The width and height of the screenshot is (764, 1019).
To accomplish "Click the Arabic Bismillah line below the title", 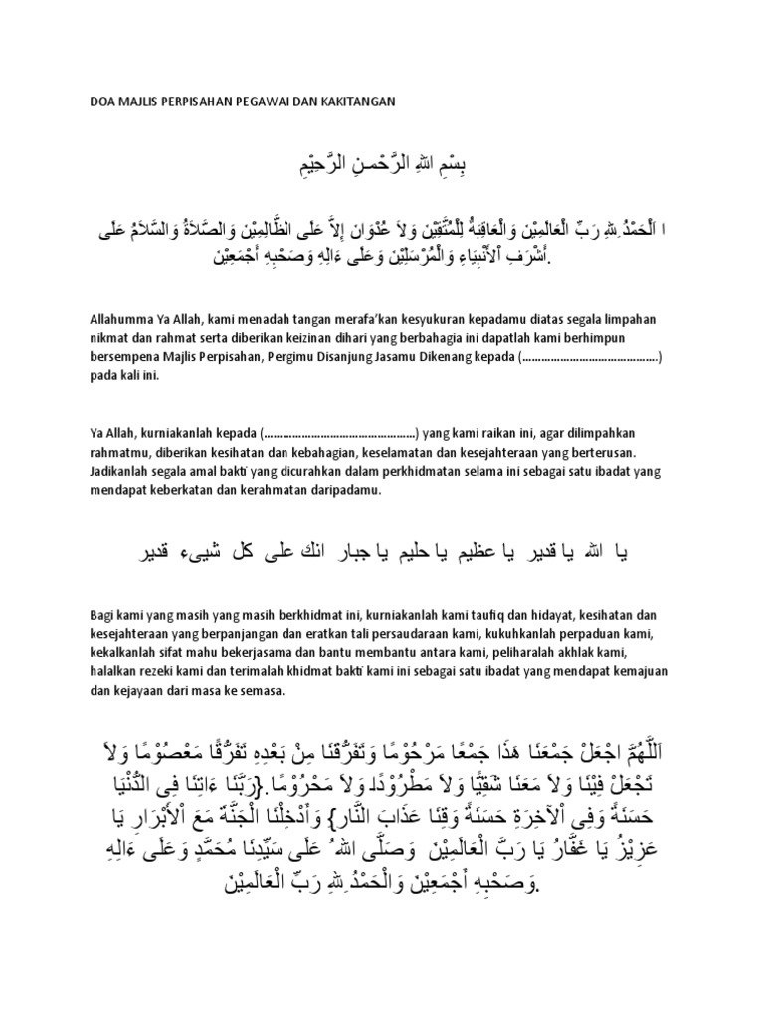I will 382,161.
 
